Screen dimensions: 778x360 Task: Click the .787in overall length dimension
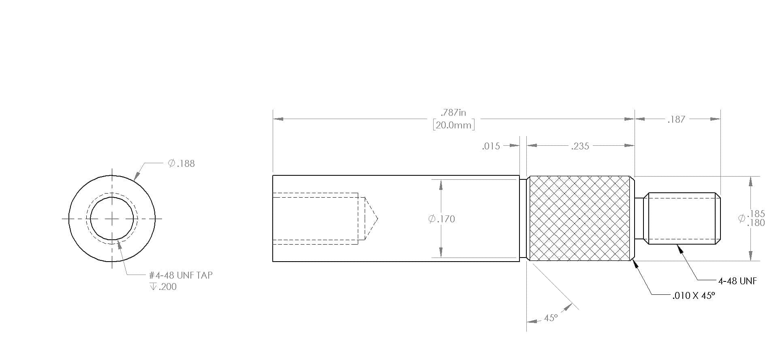[x=453, y=113]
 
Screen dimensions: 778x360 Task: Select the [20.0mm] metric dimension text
[x=453, y=125]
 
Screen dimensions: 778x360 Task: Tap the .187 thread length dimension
[x=676, y=119]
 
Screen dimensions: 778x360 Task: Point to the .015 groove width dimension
[x=491, y=146]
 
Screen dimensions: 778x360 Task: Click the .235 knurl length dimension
[x=580, y=146]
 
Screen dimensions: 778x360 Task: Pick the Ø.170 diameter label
[x=442, y=219]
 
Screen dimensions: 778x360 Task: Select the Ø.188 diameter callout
[x=182, y=164]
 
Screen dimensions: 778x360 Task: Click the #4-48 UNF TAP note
[x=181, y=275]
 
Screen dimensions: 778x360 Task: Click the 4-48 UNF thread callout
[x=737, y=281]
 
